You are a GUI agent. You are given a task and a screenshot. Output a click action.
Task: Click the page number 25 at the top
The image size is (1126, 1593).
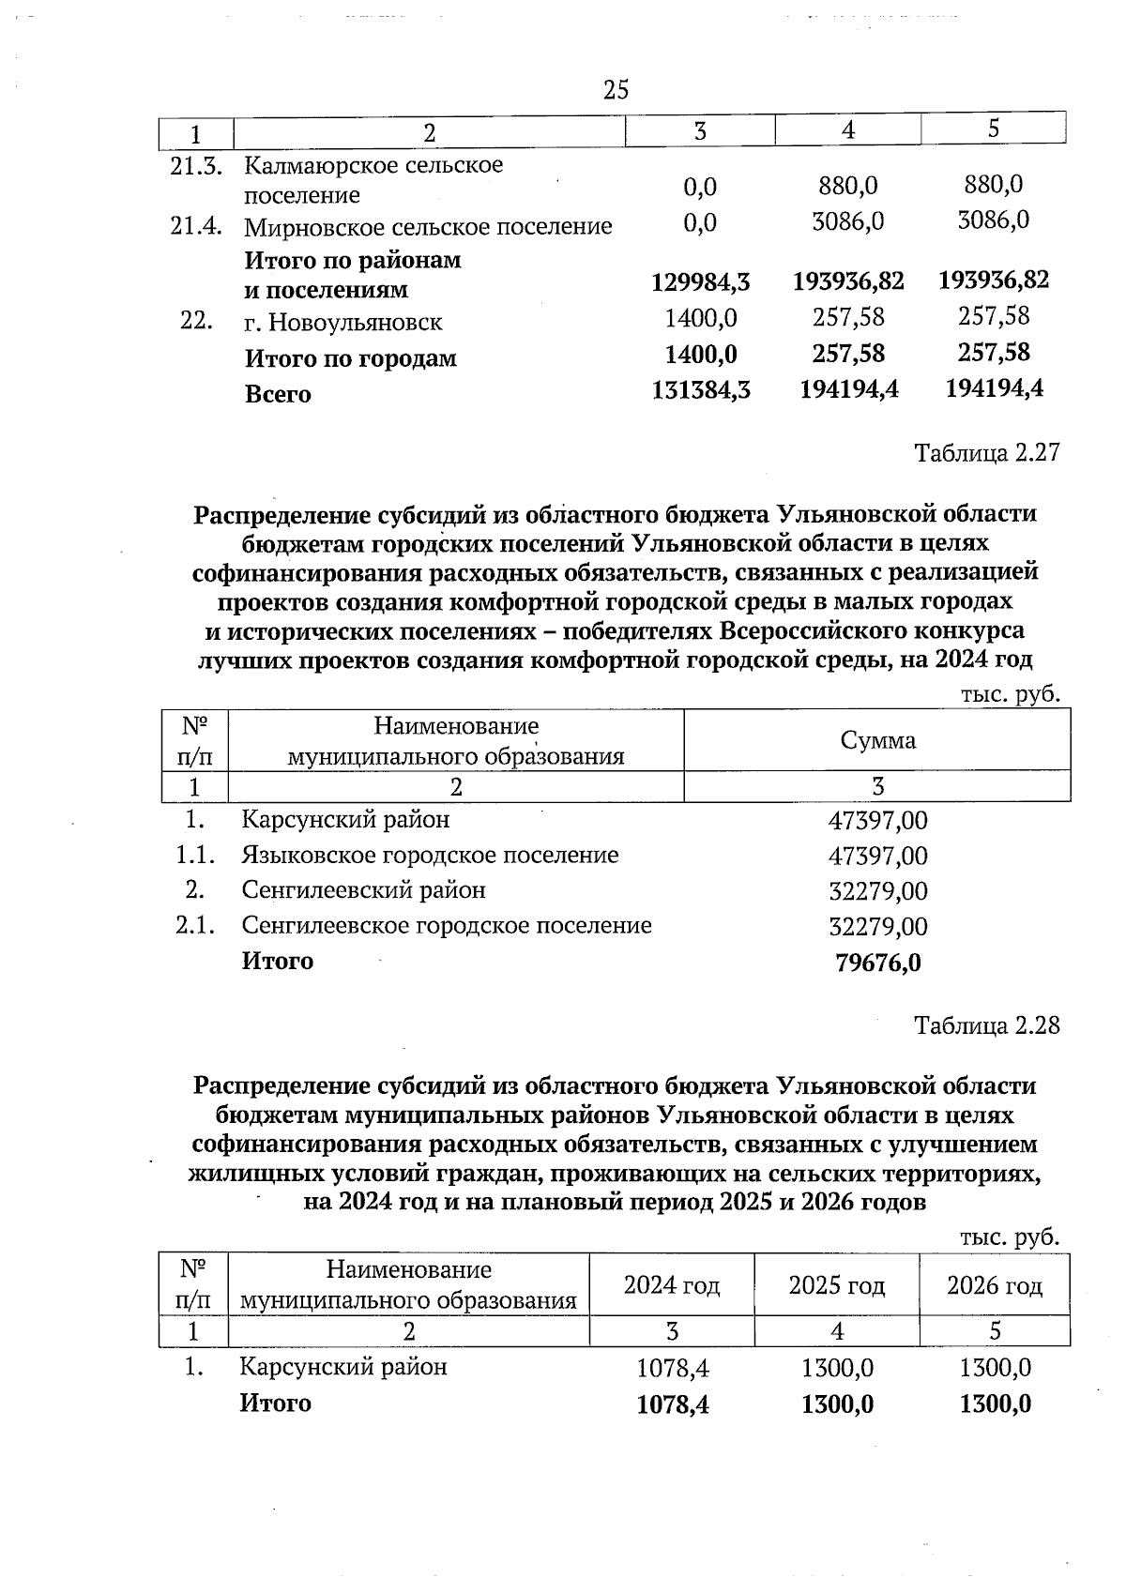coord(616,90)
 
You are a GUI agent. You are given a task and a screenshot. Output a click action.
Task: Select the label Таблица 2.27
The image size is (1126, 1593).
coord(987,453)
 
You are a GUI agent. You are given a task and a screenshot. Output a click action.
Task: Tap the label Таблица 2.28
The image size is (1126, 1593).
coord(987,1024)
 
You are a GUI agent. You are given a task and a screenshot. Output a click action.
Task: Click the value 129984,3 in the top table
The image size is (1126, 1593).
coord(700,281)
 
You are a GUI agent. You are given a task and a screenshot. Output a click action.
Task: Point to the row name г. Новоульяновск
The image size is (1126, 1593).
coord(342,323)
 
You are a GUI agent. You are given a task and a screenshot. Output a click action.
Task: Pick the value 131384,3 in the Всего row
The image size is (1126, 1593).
coord(700,389)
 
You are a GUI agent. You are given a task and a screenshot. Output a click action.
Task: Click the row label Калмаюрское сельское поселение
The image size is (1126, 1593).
coord(373,180)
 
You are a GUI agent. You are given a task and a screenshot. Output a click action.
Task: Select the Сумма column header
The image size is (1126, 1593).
coord(877,740)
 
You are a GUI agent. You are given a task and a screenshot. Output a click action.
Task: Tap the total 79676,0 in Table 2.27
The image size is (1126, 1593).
coord(877,963)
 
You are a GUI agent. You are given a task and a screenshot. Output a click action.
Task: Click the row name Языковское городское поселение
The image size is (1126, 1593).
coord(430,856)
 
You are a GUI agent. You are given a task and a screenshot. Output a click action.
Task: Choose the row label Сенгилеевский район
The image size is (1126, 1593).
coord(363,889)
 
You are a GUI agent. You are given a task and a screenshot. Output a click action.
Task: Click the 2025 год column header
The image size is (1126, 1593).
coord(836,1285)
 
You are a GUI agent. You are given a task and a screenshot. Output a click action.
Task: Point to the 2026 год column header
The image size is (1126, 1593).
coord(995,1285)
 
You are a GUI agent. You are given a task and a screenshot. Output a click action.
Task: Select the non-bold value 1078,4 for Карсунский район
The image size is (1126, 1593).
coord(673,1368)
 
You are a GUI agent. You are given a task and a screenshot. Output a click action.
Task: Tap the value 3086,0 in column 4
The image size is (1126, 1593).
coord(847,221)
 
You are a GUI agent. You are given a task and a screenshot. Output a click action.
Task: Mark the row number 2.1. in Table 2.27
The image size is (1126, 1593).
coord(196,926)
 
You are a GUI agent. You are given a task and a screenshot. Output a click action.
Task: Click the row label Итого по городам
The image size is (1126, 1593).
coord(350,358)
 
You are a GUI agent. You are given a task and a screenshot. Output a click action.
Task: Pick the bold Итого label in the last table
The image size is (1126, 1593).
coord(275,1403)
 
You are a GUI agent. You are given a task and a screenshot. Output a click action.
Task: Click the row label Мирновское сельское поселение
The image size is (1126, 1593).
coord(428,226)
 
